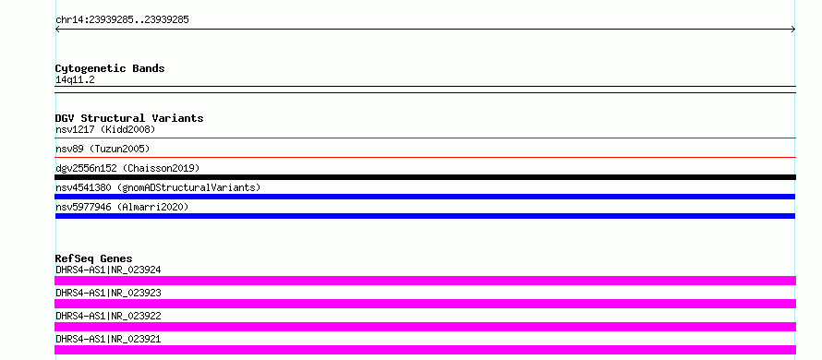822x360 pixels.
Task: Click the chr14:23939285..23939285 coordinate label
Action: click(x=122, y=20)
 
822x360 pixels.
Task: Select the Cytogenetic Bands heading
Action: click(x=110, y=68)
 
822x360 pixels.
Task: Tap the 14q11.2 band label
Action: click(x=75, y=80)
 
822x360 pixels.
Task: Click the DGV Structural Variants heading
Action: click(x=129, y=118)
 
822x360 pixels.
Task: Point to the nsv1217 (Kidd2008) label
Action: click(x=105, y=129)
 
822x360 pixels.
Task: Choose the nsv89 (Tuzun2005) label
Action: click(x=103, y=149)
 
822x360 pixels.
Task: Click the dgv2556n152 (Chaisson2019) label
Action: click(x=127, y=168)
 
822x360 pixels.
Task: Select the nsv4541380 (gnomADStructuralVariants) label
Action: click(x=158, y=187)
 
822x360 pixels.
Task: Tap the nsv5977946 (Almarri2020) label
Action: click(x=122, y=207)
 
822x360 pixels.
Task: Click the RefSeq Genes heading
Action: click(x=93, y=258)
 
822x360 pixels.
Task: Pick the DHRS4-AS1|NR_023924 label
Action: click(x=108, y=270)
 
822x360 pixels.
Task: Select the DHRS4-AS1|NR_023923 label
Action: click(x=108, y=293)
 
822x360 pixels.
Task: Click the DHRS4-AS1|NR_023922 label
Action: click(x=108, y=316)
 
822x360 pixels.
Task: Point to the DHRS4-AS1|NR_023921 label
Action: click(x=108, y=339)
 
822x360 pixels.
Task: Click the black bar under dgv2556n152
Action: click(x=425, y=177)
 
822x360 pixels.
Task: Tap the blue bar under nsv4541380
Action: click(x=425, y=197)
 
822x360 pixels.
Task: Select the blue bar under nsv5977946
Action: click(x=425, y=216)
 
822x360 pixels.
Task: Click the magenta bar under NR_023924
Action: click(x=425, y=281)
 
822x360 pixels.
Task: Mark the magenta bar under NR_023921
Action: click(x=425, y=350)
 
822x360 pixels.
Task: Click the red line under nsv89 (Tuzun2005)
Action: click(x=425, y=157)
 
